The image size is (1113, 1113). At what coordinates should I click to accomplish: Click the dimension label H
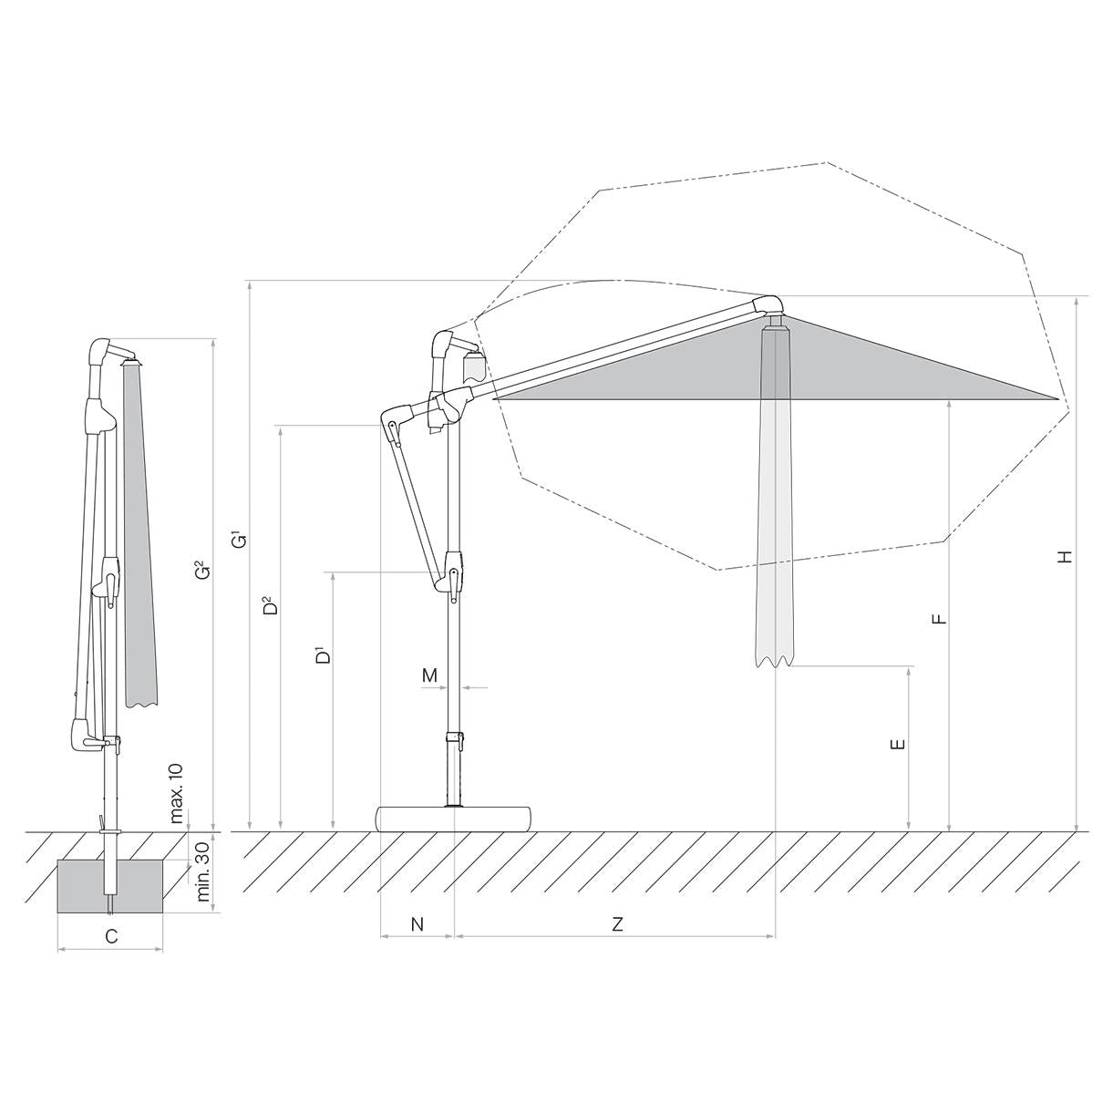click(1067, 557)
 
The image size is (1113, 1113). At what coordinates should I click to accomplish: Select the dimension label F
click(940, 619)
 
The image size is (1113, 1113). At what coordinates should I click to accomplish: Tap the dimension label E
click(898, 745)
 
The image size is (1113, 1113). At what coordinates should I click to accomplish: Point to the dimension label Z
click(618, 924)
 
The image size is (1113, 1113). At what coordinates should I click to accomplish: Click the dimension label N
click(417, 924)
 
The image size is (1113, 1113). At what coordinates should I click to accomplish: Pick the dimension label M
click(429, 675)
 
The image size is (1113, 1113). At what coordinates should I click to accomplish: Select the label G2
click(202, 572)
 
